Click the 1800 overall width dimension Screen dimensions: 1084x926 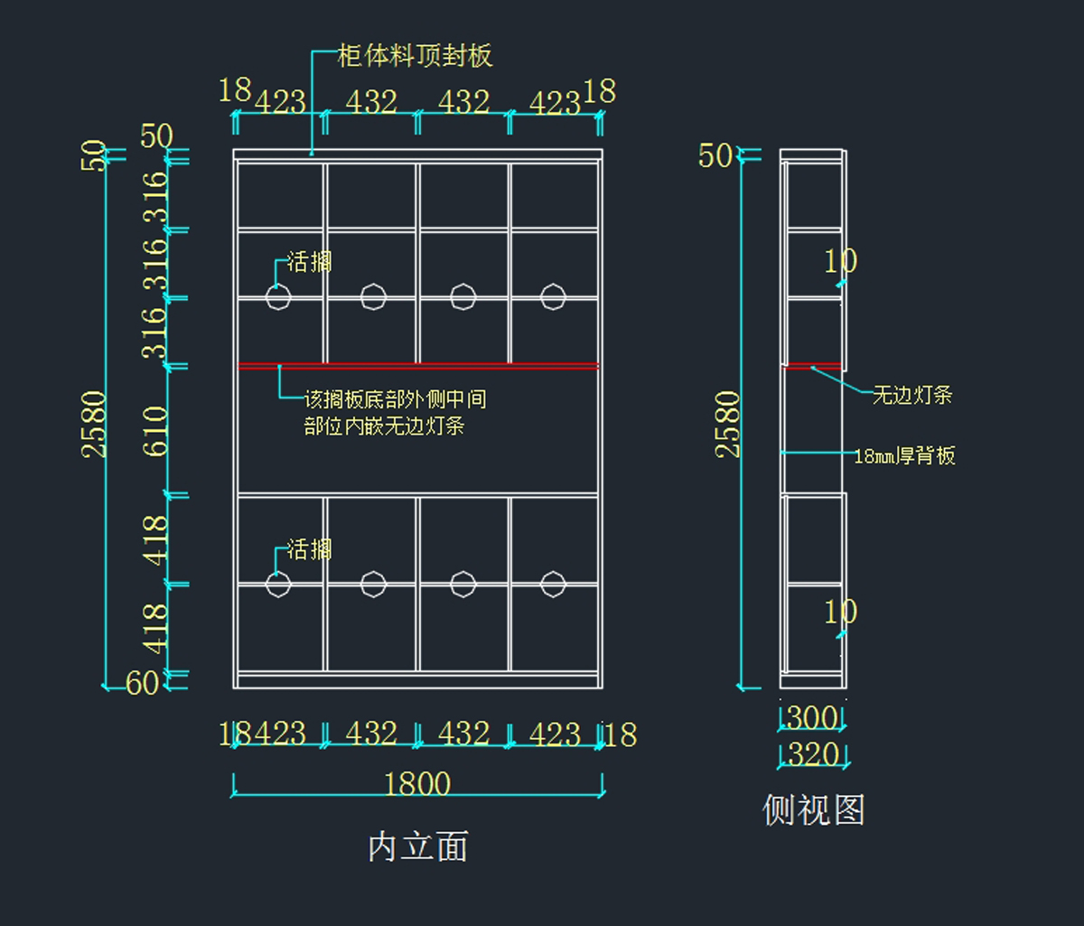tap(417, 784)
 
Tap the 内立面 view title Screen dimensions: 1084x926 tap(418, 846)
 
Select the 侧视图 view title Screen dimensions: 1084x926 tap(813, 809)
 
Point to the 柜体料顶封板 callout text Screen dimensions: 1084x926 tap(415, 56)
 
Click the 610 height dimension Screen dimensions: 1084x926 tap(155, 431)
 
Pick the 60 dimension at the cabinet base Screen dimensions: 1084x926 tap(142, 683)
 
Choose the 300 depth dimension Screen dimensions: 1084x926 tap(812, 717)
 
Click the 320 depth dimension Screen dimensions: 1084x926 tap(813, 754)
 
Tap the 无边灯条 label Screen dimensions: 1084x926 tap(912, 395)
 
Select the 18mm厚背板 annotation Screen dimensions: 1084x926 tap(904, 455)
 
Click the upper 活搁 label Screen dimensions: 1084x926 tap(310, 262)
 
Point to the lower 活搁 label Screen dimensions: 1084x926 tap(310, 549)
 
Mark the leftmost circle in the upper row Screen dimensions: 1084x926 tap(278, 297)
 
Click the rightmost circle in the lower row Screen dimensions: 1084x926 tap(553, 585)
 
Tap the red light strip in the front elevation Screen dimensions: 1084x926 tap(418, 366)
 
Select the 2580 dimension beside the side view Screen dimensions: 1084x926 tap(728, 425)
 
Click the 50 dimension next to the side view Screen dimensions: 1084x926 tap(715, 156)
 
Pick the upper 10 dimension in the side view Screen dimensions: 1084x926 tap(841, 261)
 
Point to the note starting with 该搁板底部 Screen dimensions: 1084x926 tap(396, 413)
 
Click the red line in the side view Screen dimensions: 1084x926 tap(812, 366)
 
